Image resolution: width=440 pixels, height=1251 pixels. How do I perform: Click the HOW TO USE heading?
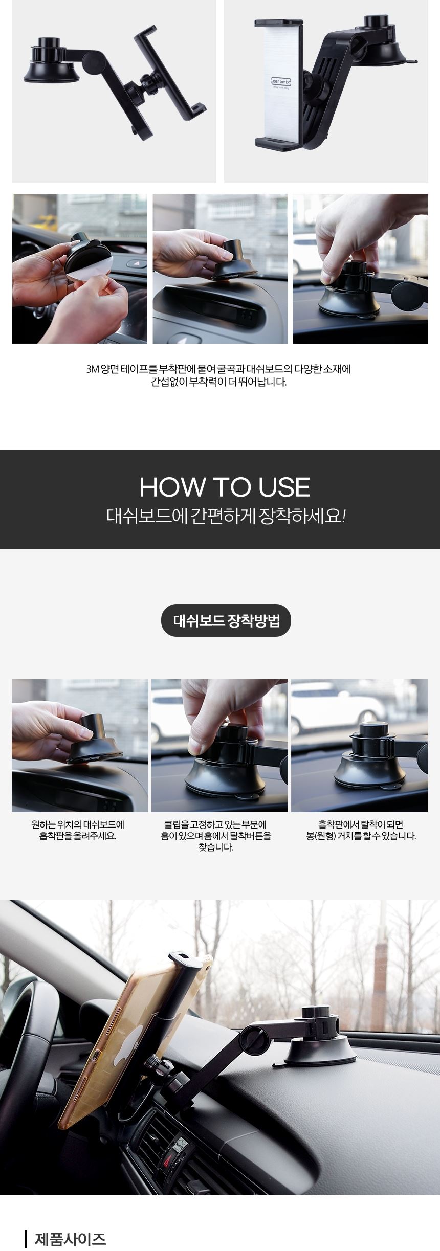coord(225,487)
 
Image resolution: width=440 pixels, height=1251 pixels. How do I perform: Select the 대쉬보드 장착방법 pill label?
coord(226,620)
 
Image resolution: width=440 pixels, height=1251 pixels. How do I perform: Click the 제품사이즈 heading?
coord(71,1239)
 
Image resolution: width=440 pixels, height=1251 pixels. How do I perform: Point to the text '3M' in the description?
coord(93,369)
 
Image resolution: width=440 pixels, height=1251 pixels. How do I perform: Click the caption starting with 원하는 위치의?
coord(78,831)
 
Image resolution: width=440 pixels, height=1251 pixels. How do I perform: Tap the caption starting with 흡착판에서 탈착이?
coord(361,831)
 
